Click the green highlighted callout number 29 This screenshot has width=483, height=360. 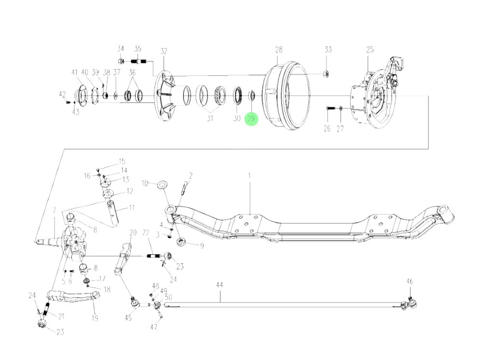click(251, 118)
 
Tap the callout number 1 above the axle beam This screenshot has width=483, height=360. click(250, 176)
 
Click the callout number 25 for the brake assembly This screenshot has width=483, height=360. click(370, 50)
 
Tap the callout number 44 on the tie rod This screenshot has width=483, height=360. click(219, 286)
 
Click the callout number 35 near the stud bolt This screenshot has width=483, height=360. click(138, 49)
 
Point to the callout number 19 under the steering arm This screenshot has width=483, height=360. click(95, 318)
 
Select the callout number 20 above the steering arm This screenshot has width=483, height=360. click(133, 233)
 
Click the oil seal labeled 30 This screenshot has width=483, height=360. click(238, 95)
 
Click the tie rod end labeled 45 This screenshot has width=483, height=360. click(135, 303)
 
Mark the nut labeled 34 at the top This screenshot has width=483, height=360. click(122, 61)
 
